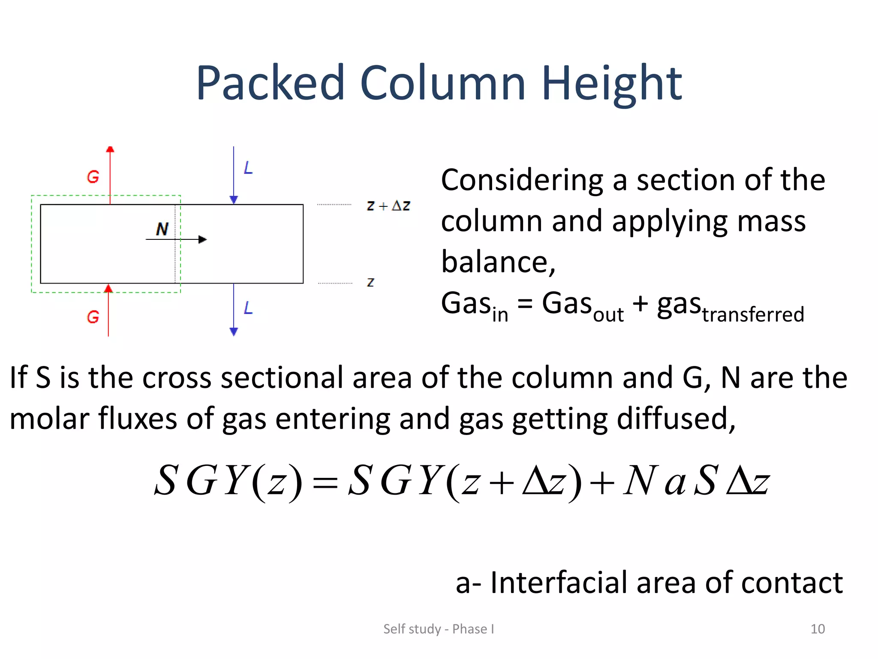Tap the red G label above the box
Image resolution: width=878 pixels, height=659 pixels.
pyautogui.click(x=93, y=177)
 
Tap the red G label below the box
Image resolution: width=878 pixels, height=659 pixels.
pyautogui.click(x=93, y=317)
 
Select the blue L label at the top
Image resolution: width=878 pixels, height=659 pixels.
pyautogui.click(x=248, y=168)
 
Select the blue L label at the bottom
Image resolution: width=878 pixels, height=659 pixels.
pyautogui.click(x=248, y=308)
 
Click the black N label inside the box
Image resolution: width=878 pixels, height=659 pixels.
pyautogui.click(x=162, y=229)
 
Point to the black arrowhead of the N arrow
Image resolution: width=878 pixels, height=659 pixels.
pyautogui.click(x=202, y=239)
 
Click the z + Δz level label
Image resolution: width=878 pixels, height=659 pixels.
pyautogui.click(x=388, y=206)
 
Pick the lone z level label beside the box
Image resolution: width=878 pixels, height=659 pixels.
pyautogui.click(x=370, y=282)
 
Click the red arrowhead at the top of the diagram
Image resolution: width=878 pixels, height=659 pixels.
pyautogui.click(x=110, y=149)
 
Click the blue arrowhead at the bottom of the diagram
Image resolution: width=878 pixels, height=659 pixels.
pyautogui.click(x=234, y=331)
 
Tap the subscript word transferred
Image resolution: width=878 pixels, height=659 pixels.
pyautogui.click(x=753, y=314)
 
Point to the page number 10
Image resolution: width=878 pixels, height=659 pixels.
pyautogui.click(x=818, y=629)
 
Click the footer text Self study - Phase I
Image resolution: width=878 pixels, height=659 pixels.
pyautogui.click(x=439, y=629)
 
